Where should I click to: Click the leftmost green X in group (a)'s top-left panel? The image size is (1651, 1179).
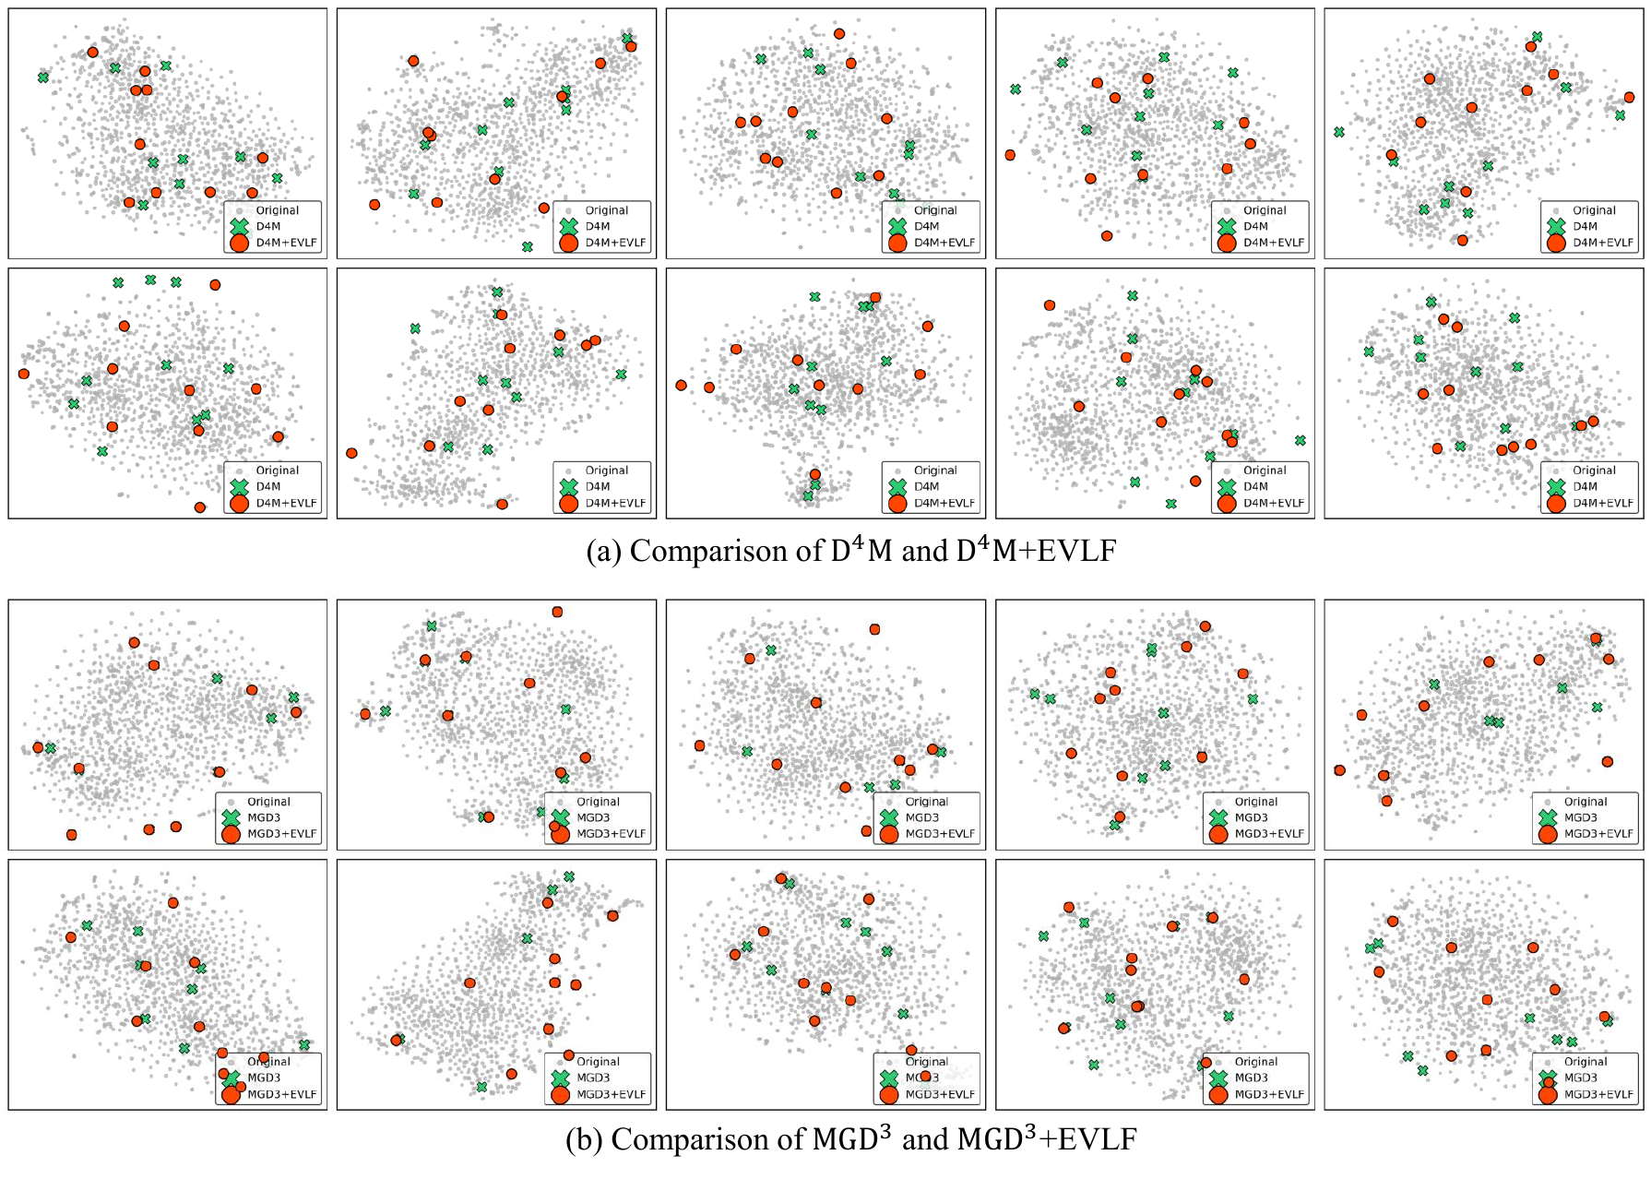pos(43,77)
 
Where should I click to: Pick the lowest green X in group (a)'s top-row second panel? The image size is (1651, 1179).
pos(527,246)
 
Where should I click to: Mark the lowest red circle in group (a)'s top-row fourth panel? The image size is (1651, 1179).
pos(1107,236)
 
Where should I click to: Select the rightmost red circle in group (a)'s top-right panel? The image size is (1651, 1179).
pos(1629,97)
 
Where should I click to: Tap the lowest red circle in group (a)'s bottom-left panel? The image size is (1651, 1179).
pos(200,507)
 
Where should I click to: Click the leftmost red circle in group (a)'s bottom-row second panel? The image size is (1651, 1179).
pos(351,453)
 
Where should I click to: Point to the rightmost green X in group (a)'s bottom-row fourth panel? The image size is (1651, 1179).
pos(1300,440)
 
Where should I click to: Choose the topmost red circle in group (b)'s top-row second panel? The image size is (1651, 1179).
pos(557,612)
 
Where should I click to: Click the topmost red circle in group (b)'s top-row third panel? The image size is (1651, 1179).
pos(874,629)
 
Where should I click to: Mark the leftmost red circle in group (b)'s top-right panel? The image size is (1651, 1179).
pos(1339,770)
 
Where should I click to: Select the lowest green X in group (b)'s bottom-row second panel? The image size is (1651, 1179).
pos(481,1087)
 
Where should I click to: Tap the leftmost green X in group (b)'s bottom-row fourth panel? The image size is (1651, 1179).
pos(1043,935)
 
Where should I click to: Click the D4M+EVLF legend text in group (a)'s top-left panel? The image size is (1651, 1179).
pos(286,243)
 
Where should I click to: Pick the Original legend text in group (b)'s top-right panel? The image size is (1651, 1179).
pos(1585,802)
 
